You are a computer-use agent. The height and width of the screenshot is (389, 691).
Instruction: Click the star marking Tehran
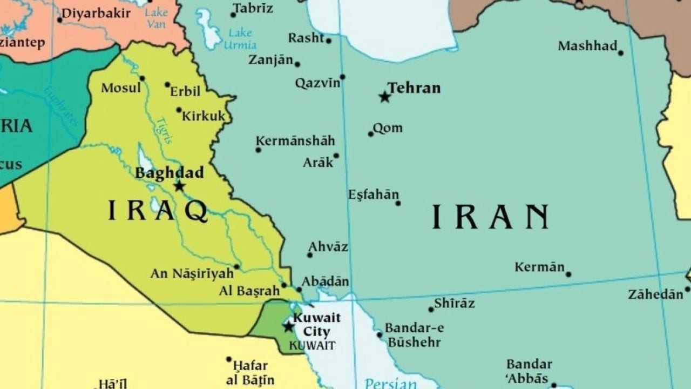pyautogui.click(x=384, y=97)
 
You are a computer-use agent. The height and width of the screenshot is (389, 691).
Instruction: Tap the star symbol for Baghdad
pyautogui.click(x=179, y=186)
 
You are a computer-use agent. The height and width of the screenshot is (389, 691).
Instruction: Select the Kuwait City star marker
pyautogui.click(x=289, y=326)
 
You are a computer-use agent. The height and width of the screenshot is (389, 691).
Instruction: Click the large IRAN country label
pyautogui.click(x=490, y=217)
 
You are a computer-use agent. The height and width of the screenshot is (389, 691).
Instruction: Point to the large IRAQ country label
pyautogui.click(x=158, y=211)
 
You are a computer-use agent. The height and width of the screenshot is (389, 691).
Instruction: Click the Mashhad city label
pyautogui.click(x=587, y=46)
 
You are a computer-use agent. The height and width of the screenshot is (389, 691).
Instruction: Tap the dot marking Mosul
pyautogui.click(x=142, y=78)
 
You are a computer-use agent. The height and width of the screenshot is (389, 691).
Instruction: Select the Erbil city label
pyautogui.click(x=185, y=91)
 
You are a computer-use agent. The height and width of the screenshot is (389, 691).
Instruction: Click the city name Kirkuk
pyautogui.click(x=204, y=116)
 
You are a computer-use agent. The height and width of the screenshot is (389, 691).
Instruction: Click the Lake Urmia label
pyautogui.click(x=240, y=38)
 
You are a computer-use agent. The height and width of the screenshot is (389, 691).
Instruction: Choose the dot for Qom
pyautogui.click(x=371, y=134)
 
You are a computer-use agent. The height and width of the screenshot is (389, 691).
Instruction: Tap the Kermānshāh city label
pyautogui.click(x=295, y=141)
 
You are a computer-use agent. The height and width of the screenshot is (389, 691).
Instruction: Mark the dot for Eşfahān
pyautogui.click(x=398, y=203)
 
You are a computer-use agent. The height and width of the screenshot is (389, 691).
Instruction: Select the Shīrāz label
pyautogui.click(x=455, y=303)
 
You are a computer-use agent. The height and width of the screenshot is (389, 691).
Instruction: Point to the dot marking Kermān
pyautogui.click(x=568, y=274)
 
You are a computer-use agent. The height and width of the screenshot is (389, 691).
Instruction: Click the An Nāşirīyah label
pyautogui.click(x=192, y=274)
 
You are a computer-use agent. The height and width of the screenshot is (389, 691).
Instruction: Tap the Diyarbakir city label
pyautogui.click(x=96, y=14)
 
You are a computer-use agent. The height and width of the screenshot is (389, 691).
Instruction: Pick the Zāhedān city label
pyautogui.click(x=655, y=294)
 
